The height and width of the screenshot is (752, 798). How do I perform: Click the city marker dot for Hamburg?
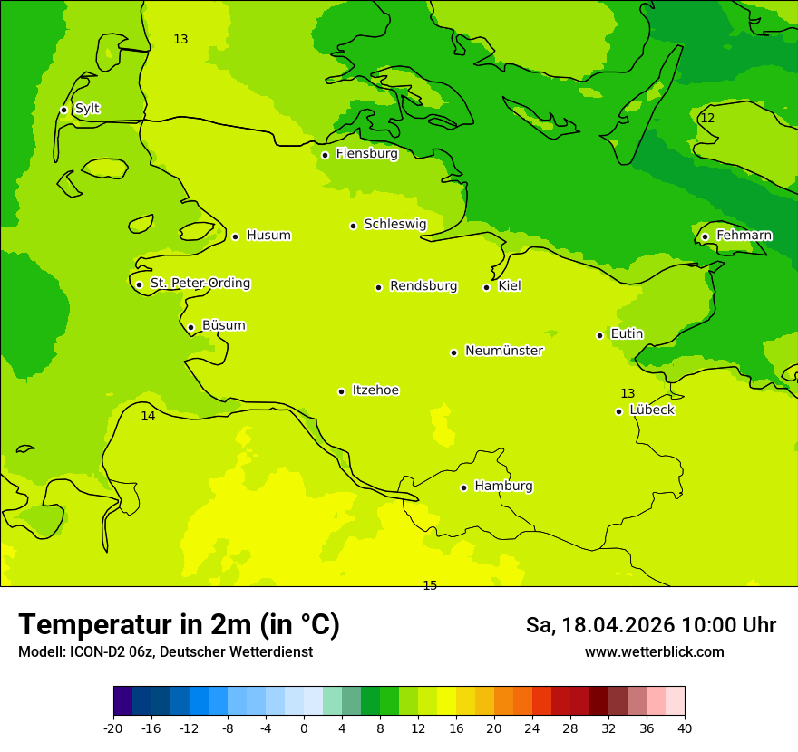(x=463, y=487)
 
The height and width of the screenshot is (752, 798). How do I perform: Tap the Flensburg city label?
(x=366, y=154)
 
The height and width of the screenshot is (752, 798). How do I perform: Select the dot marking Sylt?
(x=63, y=110)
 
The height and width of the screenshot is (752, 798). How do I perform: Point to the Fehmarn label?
(x=744, y=236)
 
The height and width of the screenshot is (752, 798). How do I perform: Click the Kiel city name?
(x=509, y=286)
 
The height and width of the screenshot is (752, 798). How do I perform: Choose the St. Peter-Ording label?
(x=199, y=284)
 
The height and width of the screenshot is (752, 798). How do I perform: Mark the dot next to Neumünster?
(x=453, y=352)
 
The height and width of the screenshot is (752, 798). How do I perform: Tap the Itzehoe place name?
(x=375, y=390)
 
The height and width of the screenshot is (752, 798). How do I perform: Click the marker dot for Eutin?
(x=599, y=335)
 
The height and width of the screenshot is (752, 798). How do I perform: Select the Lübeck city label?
(x=651, y=410)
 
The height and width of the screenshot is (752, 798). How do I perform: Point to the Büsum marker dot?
(x=190, y=327)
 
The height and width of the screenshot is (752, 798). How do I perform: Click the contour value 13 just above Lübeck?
(x=628, y=393)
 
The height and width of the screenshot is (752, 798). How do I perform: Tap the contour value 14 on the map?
(x=148, y=416)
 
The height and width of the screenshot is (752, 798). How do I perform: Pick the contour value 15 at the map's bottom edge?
(x=430, y=585)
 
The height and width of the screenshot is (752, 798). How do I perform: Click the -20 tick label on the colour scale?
(x=113, y=728)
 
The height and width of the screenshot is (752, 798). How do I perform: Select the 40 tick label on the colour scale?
(x=685, y=728)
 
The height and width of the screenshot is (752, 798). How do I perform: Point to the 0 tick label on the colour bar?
(x=304, y=728)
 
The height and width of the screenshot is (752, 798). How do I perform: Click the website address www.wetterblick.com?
(x=654, y=652)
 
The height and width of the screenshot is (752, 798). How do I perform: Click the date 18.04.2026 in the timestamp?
(x=618, y=625)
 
